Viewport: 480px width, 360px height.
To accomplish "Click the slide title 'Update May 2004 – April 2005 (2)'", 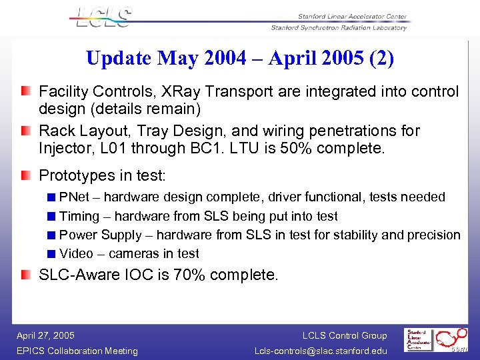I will click(x=240, y=59).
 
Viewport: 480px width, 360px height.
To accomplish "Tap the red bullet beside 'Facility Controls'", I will click(x=25, y=91).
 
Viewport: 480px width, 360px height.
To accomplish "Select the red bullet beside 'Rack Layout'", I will click(x=25, y=129).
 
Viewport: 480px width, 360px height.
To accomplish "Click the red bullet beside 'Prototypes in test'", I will click(x=25, y=175).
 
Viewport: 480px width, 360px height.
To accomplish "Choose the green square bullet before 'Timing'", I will click(x=51, y=216).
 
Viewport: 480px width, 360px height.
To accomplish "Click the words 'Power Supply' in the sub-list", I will click(x=101, y=235).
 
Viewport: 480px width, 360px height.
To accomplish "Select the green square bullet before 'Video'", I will click(x=51, y=253).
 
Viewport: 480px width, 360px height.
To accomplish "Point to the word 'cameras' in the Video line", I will click(x=133, y=253).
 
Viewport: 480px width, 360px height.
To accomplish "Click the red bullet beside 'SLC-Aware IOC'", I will click(x=25, y=274).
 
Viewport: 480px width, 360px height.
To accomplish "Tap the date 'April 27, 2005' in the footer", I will click(x=45, y=335).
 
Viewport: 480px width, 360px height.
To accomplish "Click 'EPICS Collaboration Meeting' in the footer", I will click(x=77, y=351).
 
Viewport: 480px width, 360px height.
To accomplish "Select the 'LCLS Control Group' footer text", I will click(x=344, y=335).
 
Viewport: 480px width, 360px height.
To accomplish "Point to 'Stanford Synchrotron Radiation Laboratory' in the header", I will click(x=339, y=28).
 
